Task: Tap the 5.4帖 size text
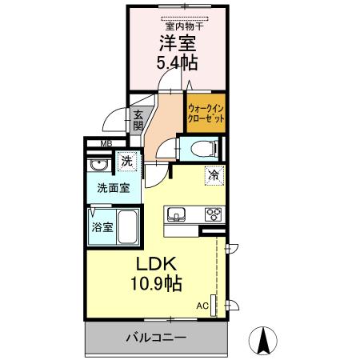(x=177, y=62)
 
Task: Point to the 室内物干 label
(x=184, y=26)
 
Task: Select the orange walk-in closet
(x=205, y=112)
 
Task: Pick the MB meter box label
(x=106, y=145)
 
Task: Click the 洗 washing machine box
(x=126, y=162)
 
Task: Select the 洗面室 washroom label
(x=113, y=190)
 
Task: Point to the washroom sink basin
(x=100, y=166)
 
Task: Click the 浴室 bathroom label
(x=101, y=227)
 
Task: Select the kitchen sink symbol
(x=176, y=214)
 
